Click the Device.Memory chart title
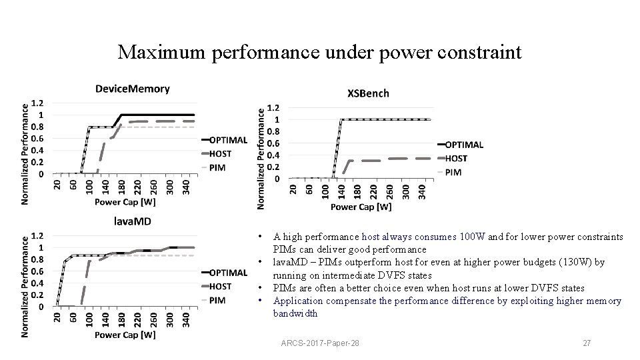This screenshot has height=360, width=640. click(x=132, y=89)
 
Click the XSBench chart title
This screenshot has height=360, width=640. click(x=368, y=93)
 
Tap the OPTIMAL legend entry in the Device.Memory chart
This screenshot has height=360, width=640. click(x=228, y=140)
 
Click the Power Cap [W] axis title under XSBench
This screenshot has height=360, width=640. click(x=361, y=207)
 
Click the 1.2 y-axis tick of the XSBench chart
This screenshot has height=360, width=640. click(x=273, y=108)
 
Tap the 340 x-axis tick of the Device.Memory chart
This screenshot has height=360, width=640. click(x=187, y=185)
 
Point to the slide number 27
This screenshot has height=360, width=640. click(x=587, y=343)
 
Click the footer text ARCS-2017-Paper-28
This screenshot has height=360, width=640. click(x=321, y=343)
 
